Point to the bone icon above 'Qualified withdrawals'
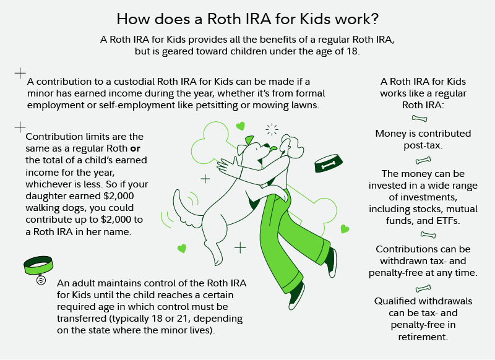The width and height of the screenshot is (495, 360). pos(423,288)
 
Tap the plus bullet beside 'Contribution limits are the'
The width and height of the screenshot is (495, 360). pos(20,127)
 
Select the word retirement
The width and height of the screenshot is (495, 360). pos(423,337)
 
